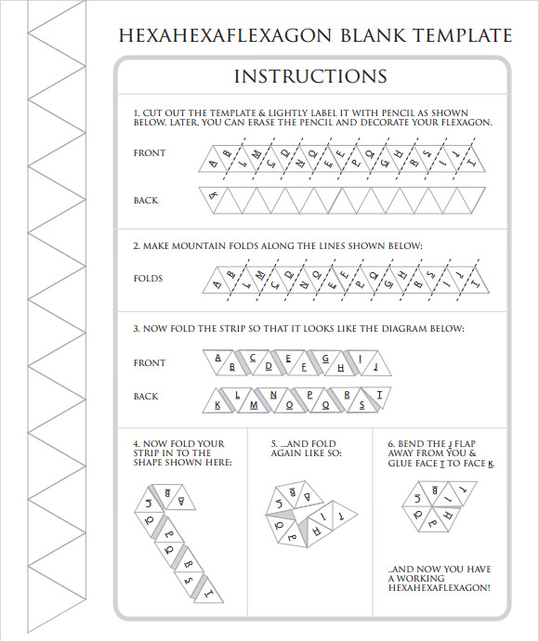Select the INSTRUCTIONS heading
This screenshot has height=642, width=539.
click(x=310, y=76)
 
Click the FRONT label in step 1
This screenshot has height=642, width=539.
click(x=150, y=153)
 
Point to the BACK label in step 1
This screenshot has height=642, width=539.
click(x=146, y=201)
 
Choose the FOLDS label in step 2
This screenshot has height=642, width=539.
click(x=148, y=279)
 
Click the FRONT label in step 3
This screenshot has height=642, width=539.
click(x=150, y=363)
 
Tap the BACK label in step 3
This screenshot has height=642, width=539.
click(x=146, y=397)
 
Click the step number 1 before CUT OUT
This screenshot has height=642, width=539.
click(x=136, y=111)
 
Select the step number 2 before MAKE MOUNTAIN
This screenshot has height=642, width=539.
click(x=136, y=246)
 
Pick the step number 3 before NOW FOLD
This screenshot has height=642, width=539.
click(x=136, y=329)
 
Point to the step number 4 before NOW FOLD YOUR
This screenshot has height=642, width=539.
click(x=136, y=443)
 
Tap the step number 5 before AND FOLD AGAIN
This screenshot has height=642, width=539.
click(x=274, y=443)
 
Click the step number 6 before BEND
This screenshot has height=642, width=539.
click(x=390, y=443)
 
